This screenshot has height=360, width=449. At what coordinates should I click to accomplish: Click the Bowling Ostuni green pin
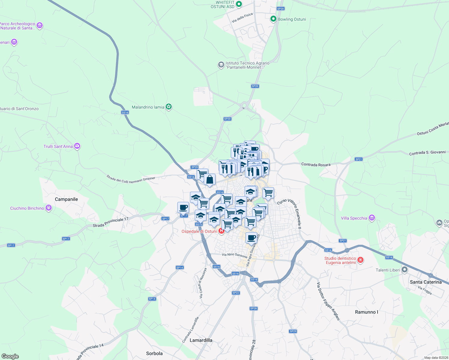[273, 19]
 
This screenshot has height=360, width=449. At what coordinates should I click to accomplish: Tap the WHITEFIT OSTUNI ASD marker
[239, 4]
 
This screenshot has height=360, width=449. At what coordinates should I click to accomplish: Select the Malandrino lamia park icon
[169, 107]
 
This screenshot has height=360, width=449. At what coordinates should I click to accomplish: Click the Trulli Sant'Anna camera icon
[77, 146]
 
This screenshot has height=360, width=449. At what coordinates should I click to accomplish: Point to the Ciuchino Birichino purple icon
[49, 208]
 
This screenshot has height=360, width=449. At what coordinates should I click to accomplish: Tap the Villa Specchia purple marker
[372, 218]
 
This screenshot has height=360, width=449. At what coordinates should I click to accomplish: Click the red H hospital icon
[221, 231]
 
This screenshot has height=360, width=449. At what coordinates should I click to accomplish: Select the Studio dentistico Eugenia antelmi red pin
[361, 260]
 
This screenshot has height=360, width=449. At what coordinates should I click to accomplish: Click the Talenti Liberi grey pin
[405, 270]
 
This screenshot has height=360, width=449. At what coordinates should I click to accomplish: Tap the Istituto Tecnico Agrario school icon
[221, 65]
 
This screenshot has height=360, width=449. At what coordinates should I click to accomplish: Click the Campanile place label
[66, 199]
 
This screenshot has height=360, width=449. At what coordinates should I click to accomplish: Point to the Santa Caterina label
[426, 282]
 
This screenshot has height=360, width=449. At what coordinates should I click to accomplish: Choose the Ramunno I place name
[366, 312]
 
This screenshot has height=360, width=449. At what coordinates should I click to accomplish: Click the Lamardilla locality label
[201, 340]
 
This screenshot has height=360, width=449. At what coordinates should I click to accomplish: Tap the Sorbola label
[154, 353]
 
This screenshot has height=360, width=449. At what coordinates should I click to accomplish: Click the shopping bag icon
[210, 180]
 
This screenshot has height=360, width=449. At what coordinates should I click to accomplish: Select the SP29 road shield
[293, 331]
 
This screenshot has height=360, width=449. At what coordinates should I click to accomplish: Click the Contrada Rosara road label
[316, 164]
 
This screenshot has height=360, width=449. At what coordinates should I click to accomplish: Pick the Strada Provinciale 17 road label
[110, 222]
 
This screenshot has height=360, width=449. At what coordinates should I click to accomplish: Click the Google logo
[10, 356]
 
